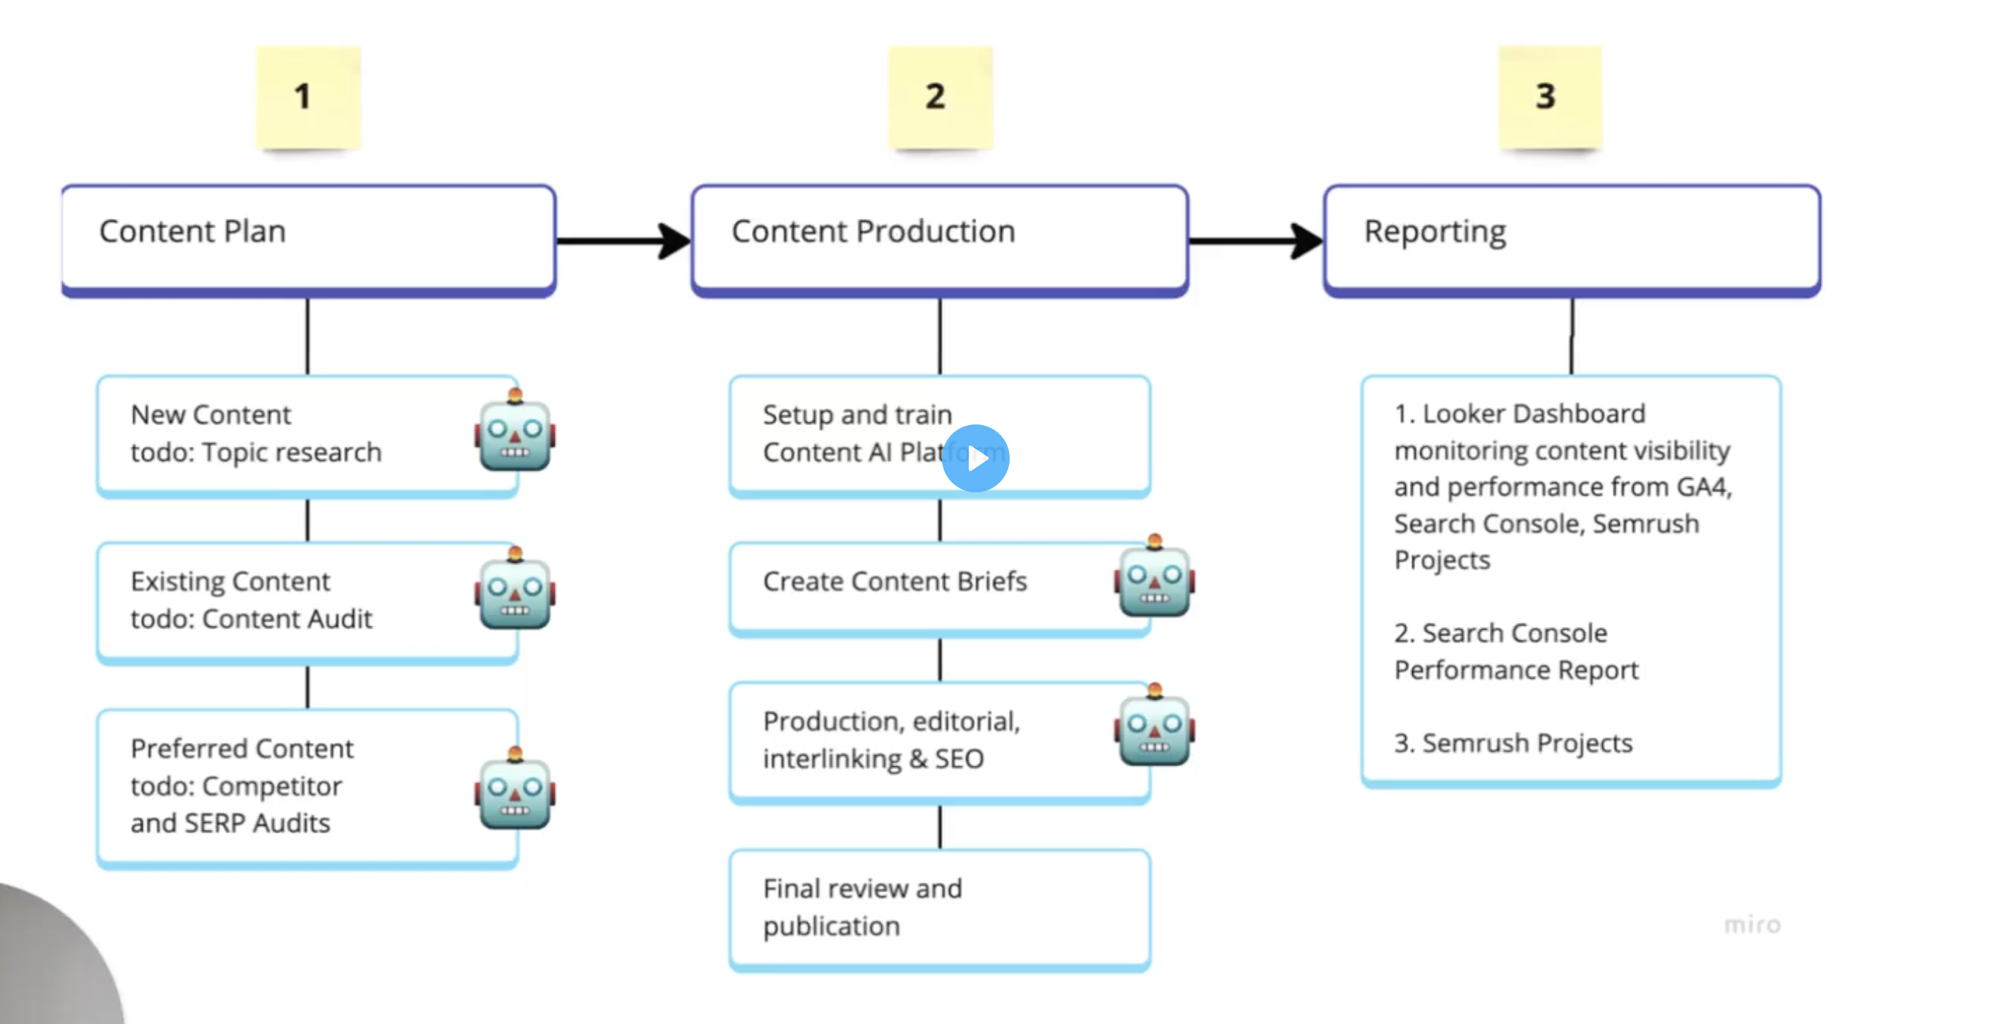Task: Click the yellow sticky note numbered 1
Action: (308, 97)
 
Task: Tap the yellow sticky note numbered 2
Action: (940, 97)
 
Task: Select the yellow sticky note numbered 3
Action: (1549, 97)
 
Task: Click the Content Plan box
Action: (308, 239)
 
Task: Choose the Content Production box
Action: (940, 239)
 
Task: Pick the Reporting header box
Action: (1571, 239)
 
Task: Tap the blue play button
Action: (975, 458)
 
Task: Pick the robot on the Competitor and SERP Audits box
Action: (515, 791)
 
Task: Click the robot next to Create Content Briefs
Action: (1154, 578)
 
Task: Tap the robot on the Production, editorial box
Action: (1154, 727)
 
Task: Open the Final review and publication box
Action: (940, 908)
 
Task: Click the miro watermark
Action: (1752, 924)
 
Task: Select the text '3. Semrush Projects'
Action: (1513, 743)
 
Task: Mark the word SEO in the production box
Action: (959, 758)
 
